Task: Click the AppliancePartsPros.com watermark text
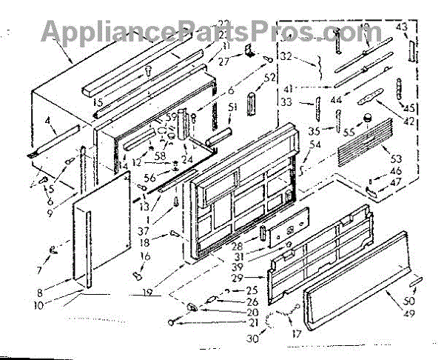[x=222, y=31]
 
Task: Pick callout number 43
[x=402, y=27]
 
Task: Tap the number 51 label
[x=232, y=107]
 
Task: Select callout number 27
[x=223, y=63]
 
